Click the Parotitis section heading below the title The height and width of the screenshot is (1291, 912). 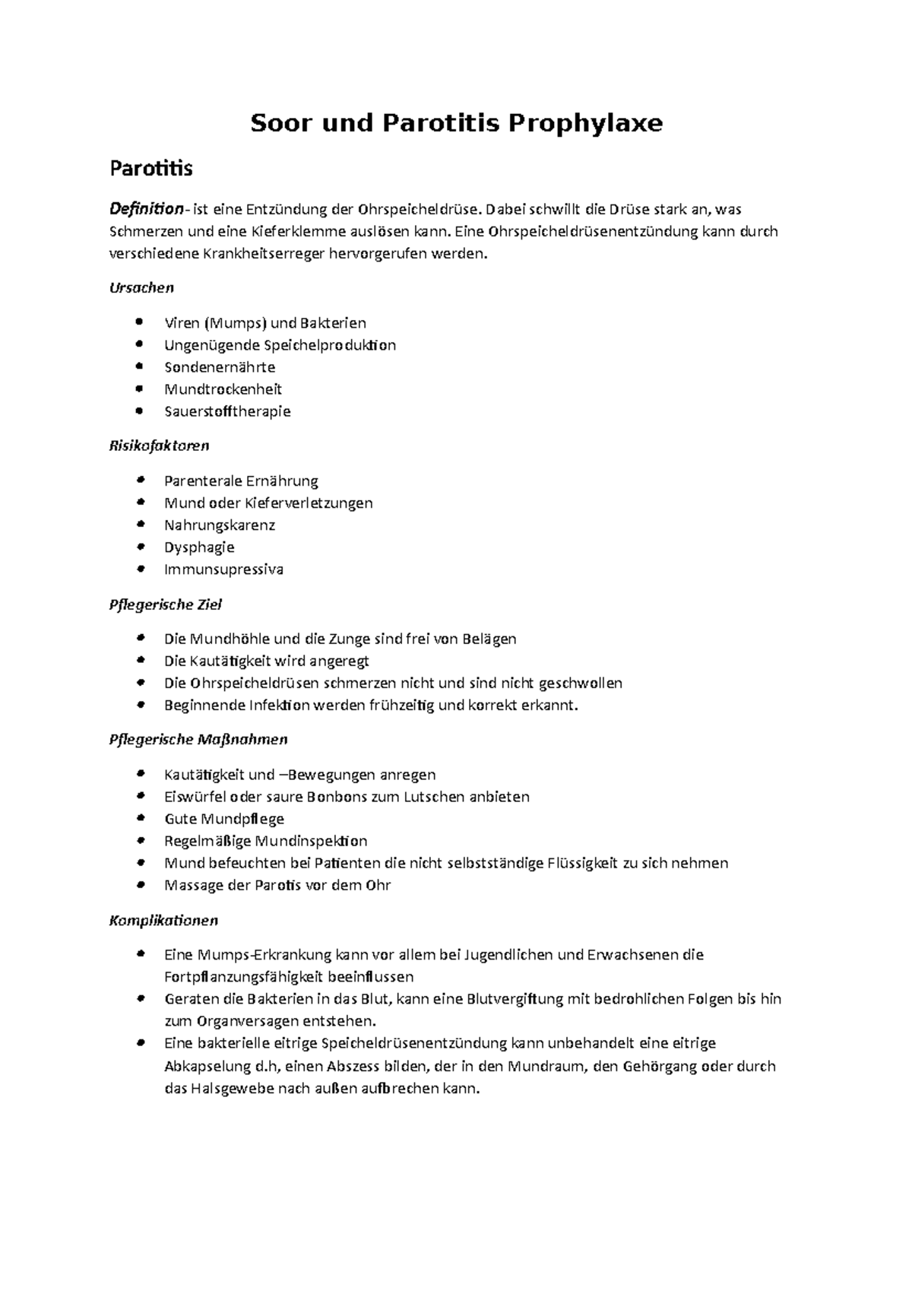(150, 168)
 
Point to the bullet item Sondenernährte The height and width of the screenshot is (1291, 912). (219, 367)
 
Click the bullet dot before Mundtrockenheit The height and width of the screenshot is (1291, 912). (138, 389)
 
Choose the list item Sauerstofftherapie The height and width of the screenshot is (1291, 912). (227, 411)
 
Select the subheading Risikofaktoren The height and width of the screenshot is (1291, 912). (159, 446)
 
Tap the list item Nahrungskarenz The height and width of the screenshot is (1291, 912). (219, 525)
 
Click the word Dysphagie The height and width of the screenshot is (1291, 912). (198, 547)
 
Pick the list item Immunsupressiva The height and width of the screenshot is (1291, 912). (223, 569)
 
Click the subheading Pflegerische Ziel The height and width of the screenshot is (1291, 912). (165, 605)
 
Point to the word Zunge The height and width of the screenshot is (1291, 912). (350, 639)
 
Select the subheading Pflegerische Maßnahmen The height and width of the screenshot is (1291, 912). (198, 739)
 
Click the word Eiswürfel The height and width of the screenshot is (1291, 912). (194, 797)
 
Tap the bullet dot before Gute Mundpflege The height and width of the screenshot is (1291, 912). (138, 818)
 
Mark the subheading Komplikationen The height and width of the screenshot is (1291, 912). (163, 921)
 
